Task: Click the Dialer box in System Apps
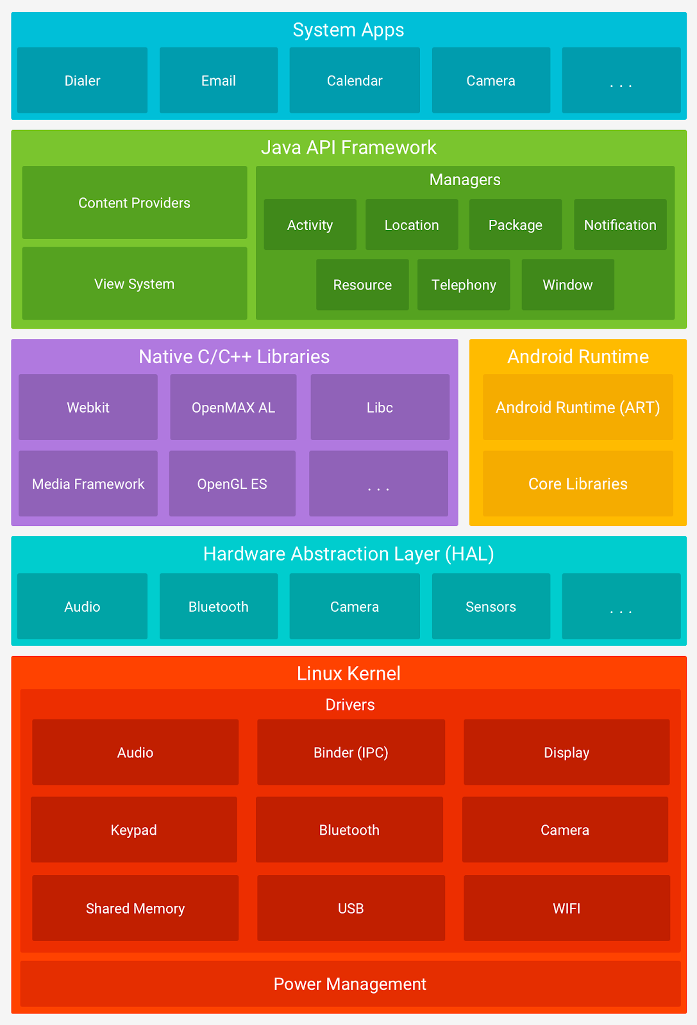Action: click(x=82, y=81)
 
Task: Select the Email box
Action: click(x=219, y=81)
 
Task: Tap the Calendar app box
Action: click(x=355, y=81)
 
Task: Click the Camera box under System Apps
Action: click(x=491, y=81)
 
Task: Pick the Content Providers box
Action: click(x=134, y=202)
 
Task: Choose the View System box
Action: click(x=134, y=284)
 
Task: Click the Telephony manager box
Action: click(x=464, y=284)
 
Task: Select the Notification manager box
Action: click(x=620, y=225)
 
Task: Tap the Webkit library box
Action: click(x=88, y=407)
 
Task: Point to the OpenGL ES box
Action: click(x=232, y=484)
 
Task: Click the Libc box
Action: click(x=380, y=407)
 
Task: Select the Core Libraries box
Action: click(x=578, y=484)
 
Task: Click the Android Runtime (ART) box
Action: click(x=578, y=407)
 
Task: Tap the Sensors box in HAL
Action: click(x=491, y=607)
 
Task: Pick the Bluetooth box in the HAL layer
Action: click(x=219, y=607)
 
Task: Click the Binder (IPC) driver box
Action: click(x=351, y=753)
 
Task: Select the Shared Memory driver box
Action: click(x=135, y=908)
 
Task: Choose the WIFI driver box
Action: click(x=566, y=908)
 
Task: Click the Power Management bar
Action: click(x=349, y=984)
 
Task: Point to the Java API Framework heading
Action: click(x=348, y=147)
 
